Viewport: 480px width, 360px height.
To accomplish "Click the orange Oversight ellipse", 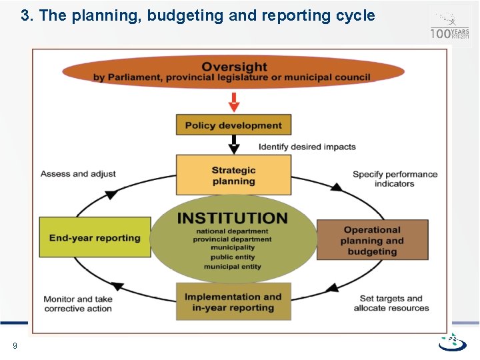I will (234, 72).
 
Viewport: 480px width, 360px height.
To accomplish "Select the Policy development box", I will (233, 125).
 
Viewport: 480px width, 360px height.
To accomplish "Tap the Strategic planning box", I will (233, 175).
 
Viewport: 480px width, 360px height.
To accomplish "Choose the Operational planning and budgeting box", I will (372, 240).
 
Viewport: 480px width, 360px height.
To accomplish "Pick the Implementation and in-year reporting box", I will (233, 302).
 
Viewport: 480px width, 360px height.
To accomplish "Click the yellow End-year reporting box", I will (95, 238).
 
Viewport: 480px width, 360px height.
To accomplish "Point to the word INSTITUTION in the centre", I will (233, 219).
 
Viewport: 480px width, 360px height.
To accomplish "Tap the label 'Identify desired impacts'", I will (307, 147).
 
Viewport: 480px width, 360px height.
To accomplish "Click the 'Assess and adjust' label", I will (78, 174).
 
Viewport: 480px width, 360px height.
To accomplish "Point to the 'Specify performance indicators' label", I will (395, 179).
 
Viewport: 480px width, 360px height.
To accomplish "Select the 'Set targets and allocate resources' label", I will (391, 303).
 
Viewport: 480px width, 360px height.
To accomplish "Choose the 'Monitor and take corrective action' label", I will (78, 304).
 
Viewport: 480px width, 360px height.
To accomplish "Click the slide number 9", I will (15, 345).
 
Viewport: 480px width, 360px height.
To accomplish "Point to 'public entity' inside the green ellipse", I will (233, 257).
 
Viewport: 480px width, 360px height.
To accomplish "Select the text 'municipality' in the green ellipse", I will (233, 248).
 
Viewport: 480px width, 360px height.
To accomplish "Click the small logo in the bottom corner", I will (453, 343).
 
